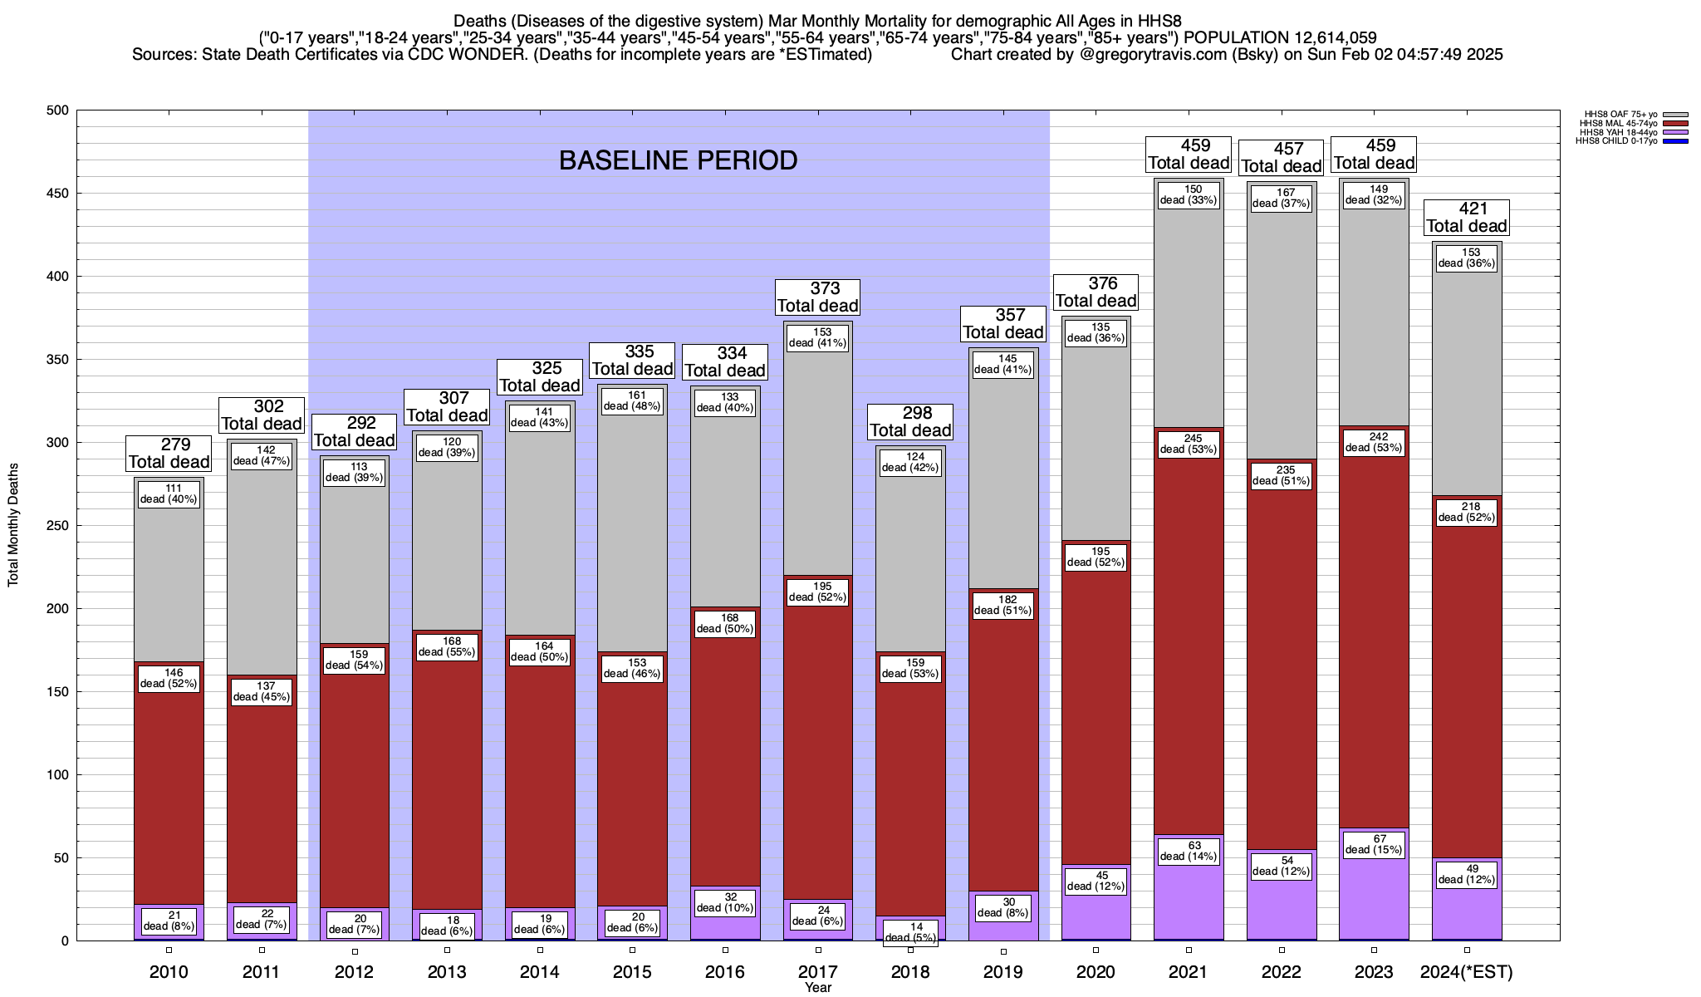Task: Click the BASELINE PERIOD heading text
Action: click(678, 160)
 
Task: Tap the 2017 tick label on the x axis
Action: click(817, 972)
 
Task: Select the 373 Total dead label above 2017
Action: click(817, 297)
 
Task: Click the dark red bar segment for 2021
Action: click(1189, 648)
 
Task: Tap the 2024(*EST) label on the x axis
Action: click(1467, 972)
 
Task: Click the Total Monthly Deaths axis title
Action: click(13, 525)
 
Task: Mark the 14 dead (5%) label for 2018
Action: click(910, 933)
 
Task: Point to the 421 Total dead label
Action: click(1467, 218)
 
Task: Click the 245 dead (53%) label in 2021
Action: click(1189, 444)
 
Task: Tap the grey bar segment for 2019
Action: click(1003, 482)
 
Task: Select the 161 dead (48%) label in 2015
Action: click(632, 400)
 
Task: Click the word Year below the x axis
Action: click(817, 988)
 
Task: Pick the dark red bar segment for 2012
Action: click(354, 789)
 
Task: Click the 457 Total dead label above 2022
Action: click(1282, 158)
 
